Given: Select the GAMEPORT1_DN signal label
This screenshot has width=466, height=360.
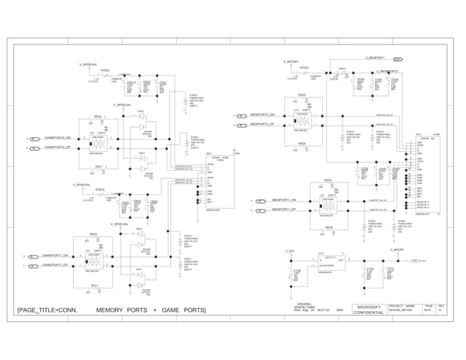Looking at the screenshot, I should point(55,256).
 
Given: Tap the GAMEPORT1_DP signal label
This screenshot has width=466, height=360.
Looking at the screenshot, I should point(55,265).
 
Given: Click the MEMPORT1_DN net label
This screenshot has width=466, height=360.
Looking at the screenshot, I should point(284,200).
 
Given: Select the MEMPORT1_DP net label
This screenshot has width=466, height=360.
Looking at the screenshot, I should point(284,210).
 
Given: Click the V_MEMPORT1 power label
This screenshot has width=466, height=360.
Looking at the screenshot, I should point(380,58).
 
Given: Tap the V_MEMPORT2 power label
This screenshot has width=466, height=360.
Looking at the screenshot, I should point(387,72).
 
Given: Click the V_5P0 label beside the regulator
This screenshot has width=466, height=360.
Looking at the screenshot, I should point(290,250).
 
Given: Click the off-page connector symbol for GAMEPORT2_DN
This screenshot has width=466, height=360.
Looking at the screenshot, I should point(34,138).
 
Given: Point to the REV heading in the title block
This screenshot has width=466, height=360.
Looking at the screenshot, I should point(441,306).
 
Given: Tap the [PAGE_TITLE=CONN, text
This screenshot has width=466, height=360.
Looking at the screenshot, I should point(48,311).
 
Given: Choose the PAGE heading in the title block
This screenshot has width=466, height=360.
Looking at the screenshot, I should point(429,306).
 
